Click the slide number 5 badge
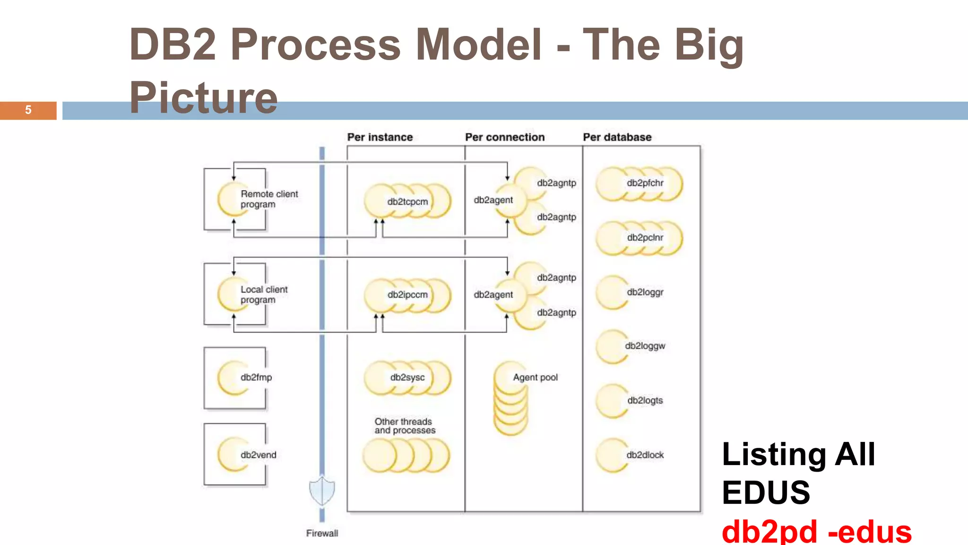(28, 110)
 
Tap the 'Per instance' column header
(380, 137)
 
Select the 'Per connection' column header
(504, 137)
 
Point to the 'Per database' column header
(617, 137)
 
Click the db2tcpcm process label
(407, 202)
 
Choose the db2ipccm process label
(407, 295)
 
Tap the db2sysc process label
(407, 378)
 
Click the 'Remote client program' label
(269, 199)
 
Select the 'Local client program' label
(264, 294)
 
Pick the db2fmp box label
(256, 378)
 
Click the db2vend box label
(258, 455)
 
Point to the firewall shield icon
(322, 491)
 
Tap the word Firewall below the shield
(322, 533)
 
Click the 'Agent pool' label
(535, 378)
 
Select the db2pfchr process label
(645, 183)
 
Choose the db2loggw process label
(645, 346)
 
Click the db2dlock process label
(645, 455)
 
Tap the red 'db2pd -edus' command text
(816, 532)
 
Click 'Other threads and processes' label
(405, 426)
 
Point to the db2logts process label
(645, 400)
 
